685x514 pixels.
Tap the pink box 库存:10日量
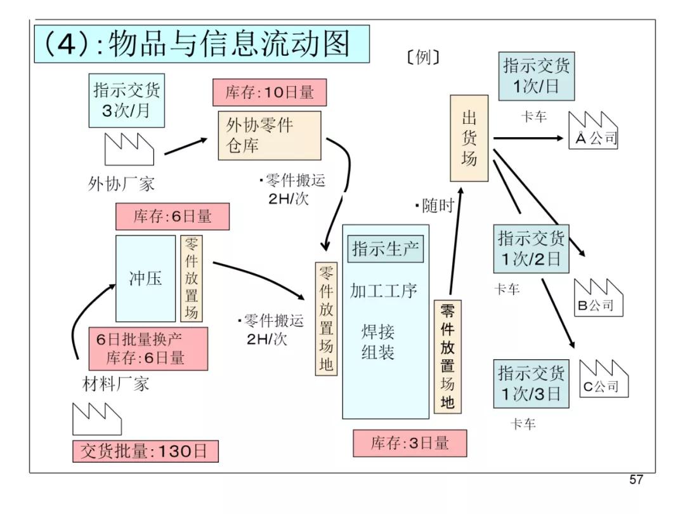[270, 93]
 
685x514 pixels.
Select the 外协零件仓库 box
[270, 135]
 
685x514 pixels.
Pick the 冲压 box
[146, 279]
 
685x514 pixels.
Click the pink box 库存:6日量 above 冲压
[173, 217]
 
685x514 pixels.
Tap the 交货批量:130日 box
[145, 451]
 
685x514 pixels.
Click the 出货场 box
[469, 138]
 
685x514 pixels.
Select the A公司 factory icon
[593, 131]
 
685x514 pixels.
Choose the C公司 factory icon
[604, 379]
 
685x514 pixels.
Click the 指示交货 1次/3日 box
[531, 383]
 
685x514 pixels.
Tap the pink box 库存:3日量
[410, 443]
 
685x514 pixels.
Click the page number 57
[636, 480]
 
